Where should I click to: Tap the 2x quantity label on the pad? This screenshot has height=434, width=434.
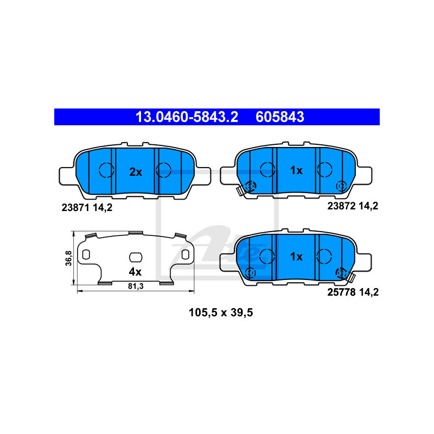click(x=135, y=172)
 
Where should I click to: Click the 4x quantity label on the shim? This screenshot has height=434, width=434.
click(x=135, y=271)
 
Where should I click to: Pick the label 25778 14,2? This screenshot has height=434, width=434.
click(x=352, y=292)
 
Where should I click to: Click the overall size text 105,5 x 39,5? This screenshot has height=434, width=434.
click(x=221, y=312)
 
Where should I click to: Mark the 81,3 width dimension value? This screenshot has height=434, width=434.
click(x=135, y=287)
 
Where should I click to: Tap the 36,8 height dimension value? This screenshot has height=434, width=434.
click(x=68, y=258)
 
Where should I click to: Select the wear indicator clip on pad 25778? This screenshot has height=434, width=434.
click(x=349, y=278)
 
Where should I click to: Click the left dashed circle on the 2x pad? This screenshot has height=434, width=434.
click(x=105, y=170)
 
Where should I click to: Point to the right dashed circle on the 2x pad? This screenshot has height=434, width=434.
click(x=163, y=170)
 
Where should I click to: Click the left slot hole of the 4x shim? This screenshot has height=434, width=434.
click(x=86, y=254)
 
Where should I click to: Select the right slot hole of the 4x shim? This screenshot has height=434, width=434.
click(x=185, y=254)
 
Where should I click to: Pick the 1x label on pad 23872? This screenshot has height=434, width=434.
click(x=296, y=170)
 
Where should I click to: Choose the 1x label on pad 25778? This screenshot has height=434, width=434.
click(x=296, y=256)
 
